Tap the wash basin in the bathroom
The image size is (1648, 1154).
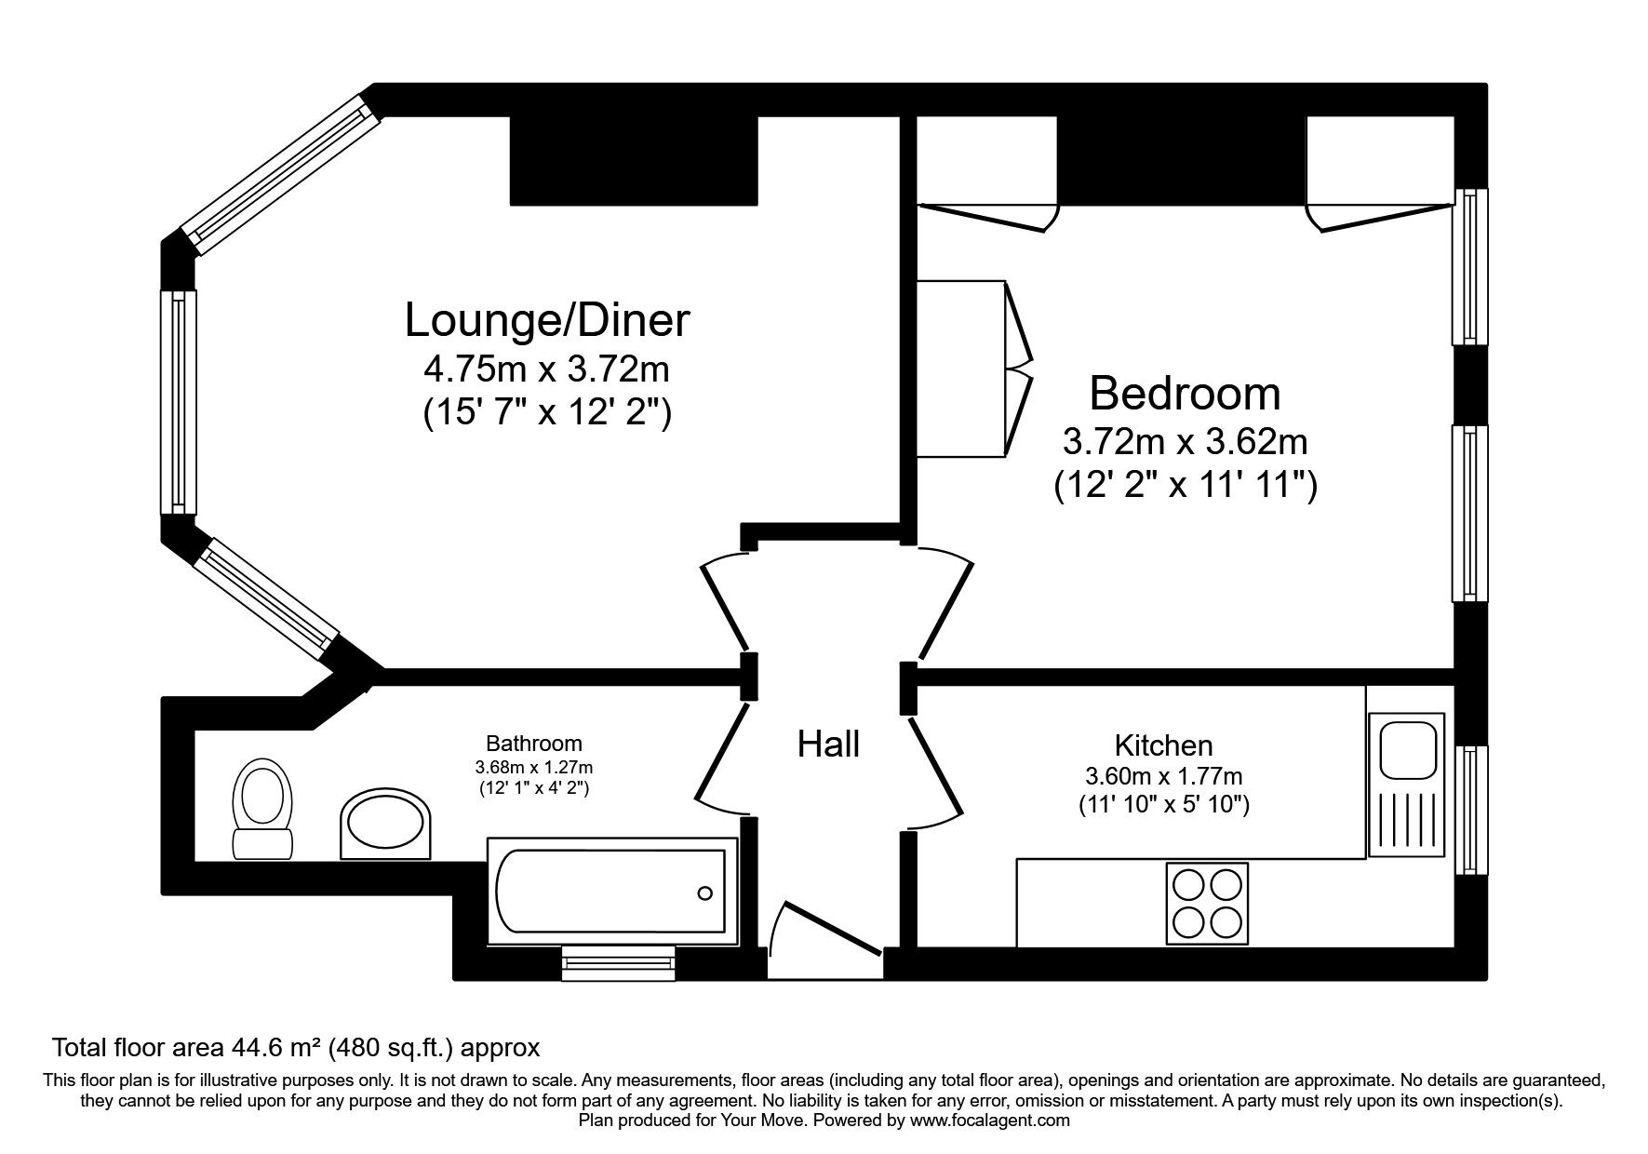click(x=386, y=825)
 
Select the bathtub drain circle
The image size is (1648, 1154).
click(x=705, y=893)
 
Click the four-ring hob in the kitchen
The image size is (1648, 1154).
click(x=1207, y=903)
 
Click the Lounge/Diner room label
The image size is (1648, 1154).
click(x=547, y=320)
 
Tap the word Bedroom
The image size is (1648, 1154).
click(x=1185, y=393)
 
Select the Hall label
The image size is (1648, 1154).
click(x=828, y=744)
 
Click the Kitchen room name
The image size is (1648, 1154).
click(x=1163, y=745)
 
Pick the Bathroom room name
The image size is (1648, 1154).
click(x=534, y=744)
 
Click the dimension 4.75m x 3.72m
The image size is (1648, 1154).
click(x=547, y=370)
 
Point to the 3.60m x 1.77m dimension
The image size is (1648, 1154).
click(x=1164, y=775)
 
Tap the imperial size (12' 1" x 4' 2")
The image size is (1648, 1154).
click(x=534, y=788)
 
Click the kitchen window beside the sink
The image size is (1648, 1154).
click(x=1471, y=810)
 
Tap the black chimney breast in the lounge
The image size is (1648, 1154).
click(x=634, y=160)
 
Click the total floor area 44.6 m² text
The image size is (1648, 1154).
click(x=296, y=1048)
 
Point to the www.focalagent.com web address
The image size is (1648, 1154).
click(x=989, y=1120)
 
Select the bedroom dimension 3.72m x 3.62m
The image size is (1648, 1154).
click(x=1185, y=442)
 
